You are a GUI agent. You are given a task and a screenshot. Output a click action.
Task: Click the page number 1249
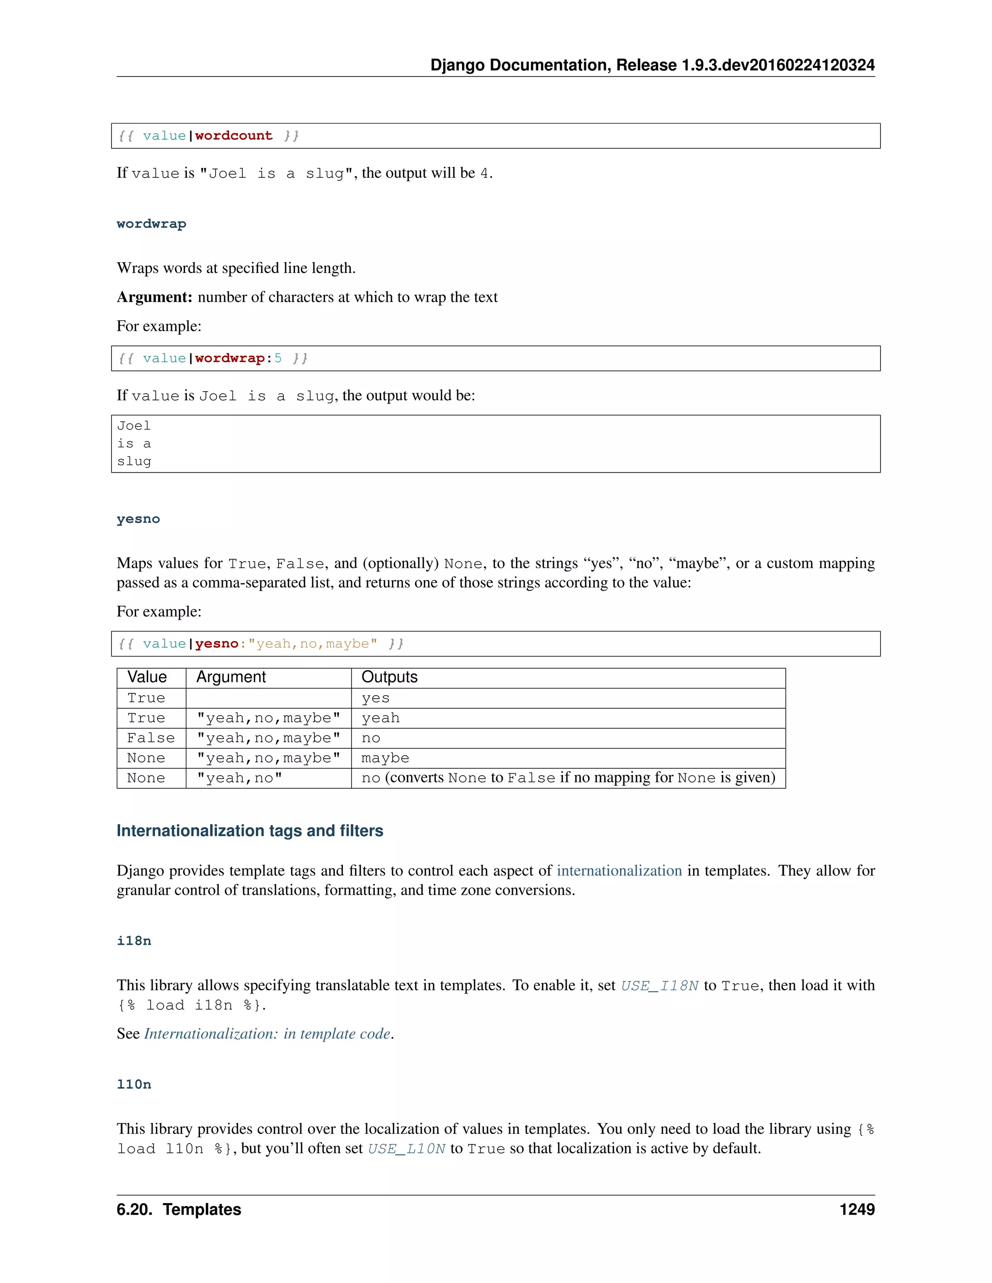pyautogui.click(x=856, y=1209)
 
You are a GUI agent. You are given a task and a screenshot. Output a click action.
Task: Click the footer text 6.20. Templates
pyautogui.click(x=179, y=1209)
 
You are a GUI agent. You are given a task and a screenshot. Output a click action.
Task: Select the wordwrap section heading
pyautogui.click(x=151, y=224)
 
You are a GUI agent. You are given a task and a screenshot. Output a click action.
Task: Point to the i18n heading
pyautogui.click(x=134, y=941)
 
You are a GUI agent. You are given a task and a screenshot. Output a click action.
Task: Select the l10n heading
pyautogui.click(x=134, y=1084)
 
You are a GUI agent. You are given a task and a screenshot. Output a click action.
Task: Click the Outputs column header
pyautogui.click(x=389, y=677)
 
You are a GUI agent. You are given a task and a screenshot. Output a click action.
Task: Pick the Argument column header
pyautogui.click(x=231, y=677)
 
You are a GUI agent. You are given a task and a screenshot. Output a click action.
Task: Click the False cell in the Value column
pyautogui.click(x=151, y=738)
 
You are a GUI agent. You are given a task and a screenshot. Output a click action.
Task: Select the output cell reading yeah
pyautogui.click(x=380, y=718)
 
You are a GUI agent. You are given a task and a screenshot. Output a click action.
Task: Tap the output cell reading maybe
pyautogui.click(x=385, y=758)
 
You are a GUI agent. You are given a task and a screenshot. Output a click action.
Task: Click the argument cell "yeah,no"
pyautogui.click(x=239, y=778)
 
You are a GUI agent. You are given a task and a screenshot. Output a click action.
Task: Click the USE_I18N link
pyautogui.click(x=659, y=985)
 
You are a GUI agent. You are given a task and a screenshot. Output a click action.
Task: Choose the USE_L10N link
pyautogui.click(x=406, y=1148)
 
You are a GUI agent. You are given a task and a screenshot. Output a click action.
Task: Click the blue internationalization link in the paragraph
pyautogui.click(x=619, y=871)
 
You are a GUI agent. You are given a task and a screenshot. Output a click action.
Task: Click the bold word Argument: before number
pyautogui.click(x=154, y=297)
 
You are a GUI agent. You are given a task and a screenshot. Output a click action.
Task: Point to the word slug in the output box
pyautogui.click(x=134, y=462)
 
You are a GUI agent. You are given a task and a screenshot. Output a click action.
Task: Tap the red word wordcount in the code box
pyautogui.click(x=233, y=136)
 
